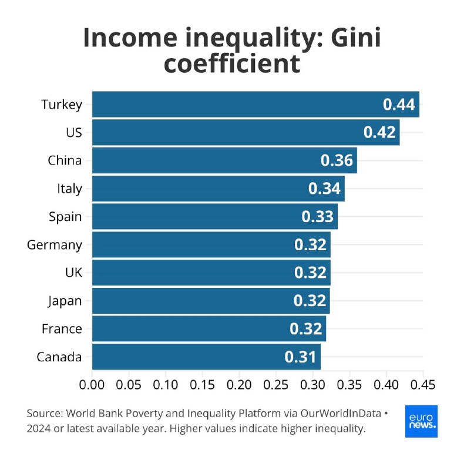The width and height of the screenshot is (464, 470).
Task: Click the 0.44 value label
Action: pos(399,105)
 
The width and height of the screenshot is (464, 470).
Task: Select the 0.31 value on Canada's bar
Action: pos(300,357)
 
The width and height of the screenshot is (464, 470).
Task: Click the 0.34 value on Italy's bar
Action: pos(324,189)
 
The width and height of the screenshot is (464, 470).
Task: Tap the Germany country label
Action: pos(55,244)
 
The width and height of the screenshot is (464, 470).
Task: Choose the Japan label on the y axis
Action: pos(65,301)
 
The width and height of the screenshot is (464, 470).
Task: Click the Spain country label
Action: pos(65,217)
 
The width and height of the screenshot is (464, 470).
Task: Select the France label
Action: pos(62,329)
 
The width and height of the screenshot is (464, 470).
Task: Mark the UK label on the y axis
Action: pos(73,273)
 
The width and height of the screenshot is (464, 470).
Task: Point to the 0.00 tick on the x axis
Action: pos(92,385)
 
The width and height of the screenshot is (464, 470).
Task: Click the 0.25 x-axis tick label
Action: pos(276,385)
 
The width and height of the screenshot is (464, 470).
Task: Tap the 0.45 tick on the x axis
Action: pos(423,385)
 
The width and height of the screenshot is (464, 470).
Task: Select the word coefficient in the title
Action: pos(232,63)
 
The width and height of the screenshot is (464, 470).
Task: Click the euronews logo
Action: pos(421,421)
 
